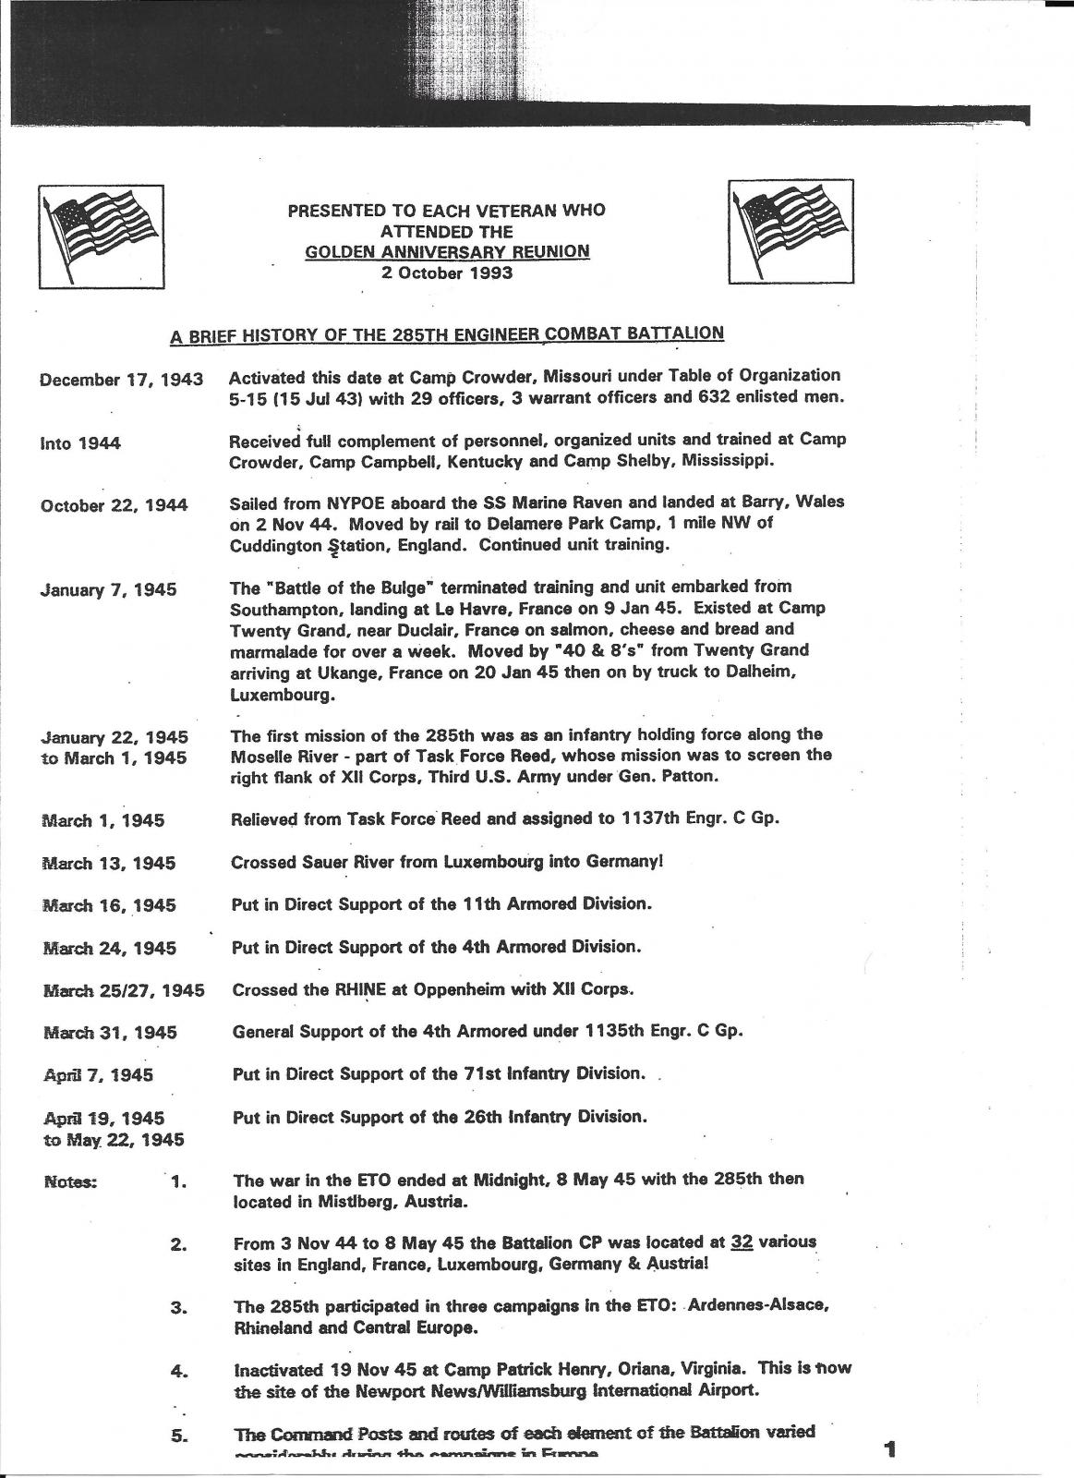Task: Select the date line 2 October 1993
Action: point(447,273)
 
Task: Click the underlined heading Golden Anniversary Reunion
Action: point(447,251)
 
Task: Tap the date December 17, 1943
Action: point(122,380)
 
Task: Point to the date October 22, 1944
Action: point(115,505)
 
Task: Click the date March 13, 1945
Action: point(109,864)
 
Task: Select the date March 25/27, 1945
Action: point(125,991)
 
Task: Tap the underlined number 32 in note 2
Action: point(741,1242)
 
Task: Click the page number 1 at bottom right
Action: point(889,1450)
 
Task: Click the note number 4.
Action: point(180,1372)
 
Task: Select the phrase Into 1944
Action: point(80,443)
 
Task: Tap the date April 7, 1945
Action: point(99,1075)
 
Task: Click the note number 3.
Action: point(180,1308)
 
